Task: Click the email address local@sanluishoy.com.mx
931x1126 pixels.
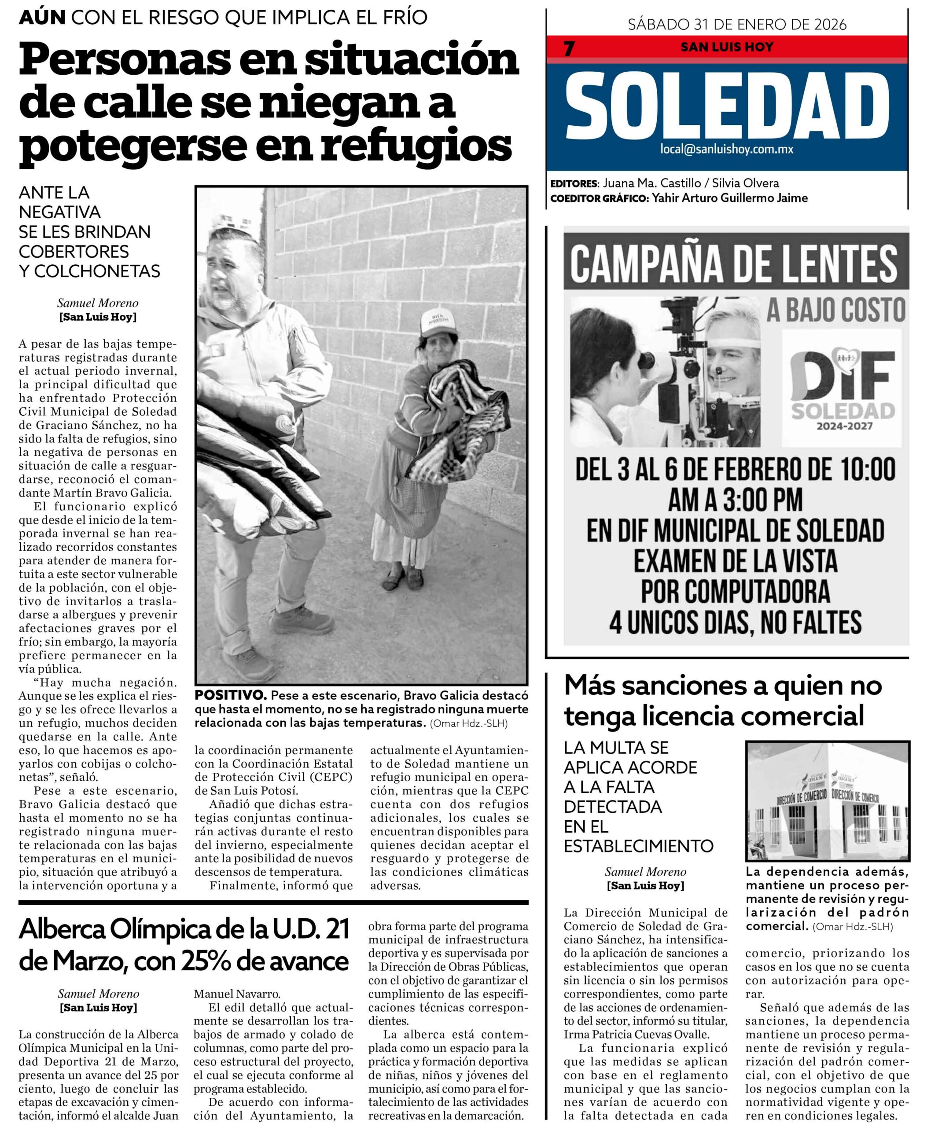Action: pos(727,150)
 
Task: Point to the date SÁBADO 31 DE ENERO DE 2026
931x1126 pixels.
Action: pos(737,25)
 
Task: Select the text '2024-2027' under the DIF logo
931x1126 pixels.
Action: pos(844,426)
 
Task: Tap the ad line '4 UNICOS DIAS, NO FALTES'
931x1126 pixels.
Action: pos(735,622)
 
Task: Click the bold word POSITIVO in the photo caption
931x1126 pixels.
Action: pos(230,696)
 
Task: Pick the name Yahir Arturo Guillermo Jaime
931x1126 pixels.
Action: pos(729,198)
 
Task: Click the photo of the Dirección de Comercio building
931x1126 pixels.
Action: pos(827,804)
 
